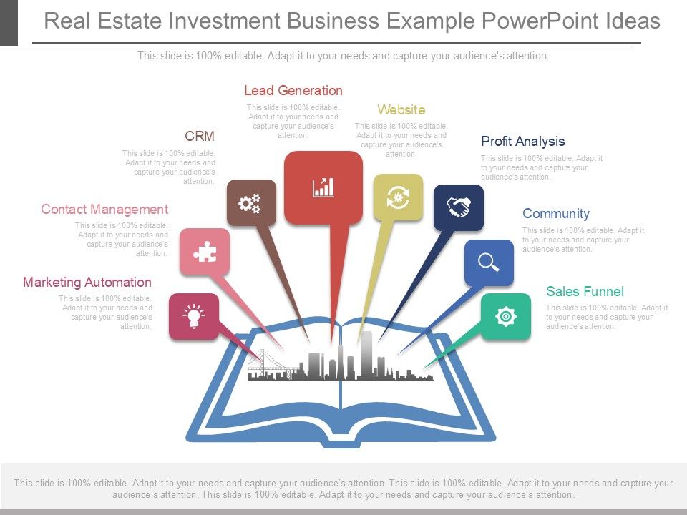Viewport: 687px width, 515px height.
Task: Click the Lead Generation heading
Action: point(293,91)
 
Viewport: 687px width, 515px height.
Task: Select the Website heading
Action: point(401,110)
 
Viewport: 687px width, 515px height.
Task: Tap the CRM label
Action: point(200,137)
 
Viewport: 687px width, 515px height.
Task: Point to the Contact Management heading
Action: point(104,210)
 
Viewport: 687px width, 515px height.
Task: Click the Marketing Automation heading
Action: point(87,283)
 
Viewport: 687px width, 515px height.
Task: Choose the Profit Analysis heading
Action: point(522,142)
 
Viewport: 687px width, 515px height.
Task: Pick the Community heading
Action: point(555,214)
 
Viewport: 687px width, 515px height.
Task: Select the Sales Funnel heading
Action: point(585,292)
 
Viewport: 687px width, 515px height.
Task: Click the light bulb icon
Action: point(193,316)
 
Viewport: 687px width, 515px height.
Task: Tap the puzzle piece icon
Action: point(205,252)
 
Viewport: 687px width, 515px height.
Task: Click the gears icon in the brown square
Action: point(250,203)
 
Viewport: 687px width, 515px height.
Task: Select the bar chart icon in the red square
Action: point(323,187)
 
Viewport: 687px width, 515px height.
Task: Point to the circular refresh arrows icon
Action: point(398,197)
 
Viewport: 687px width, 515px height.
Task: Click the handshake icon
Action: point(458,207)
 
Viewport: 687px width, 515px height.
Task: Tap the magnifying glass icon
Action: point(489,263)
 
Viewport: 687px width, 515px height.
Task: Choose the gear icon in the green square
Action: point(505,316)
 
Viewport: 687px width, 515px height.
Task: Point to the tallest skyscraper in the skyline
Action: point(366,354)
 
